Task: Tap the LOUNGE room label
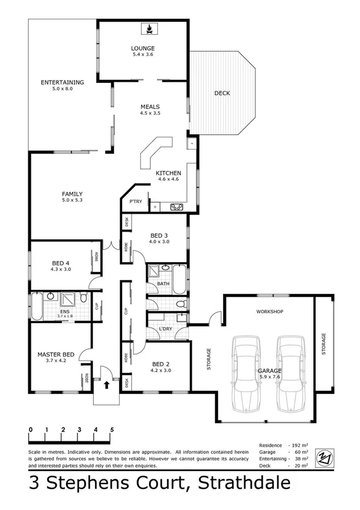click(x=143, y=48)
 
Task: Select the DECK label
click(x=222, y=93)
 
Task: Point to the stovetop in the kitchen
click(x=177, y=207)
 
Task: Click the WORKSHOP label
click(x=269, y=312)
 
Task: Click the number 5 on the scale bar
click(x=112, y=430)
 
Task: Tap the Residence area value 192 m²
click(x=300, y=445)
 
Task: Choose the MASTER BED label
click(x=55, y=355)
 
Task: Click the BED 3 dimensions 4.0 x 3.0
click(x=159, y=241)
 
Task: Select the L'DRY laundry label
click(x=165, y=328)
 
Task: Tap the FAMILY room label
click(x=72, y=194)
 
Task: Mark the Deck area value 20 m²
click(x=301, y=465)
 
